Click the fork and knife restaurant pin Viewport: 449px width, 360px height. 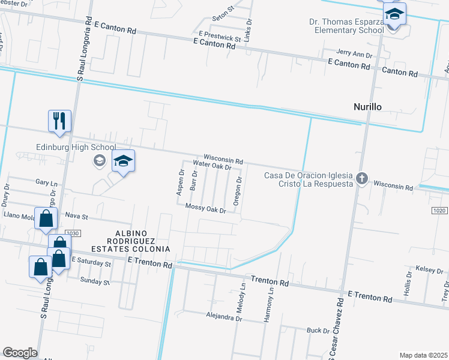pyautogui.click(x=60, y=121)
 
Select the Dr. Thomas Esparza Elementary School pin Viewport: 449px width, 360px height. pyautogui.click(x=395, y=14)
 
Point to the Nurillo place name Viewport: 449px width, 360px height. pyautogui.click(x=367, y=107)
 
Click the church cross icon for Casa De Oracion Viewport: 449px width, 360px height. pyautogui.click(x=361, y=178)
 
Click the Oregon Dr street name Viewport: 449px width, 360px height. pyautogui.click(x=238, y=191)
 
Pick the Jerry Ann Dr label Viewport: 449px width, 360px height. pyautogui.click(x=354, y=54)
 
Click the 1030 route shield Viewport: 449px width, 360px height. pyautogui.click(x=72, y=233)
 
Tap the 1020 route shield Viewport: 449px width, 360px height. pyautogui.click(x=439, y=211)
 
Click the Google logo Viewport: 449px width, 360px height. pyautogui.click(x=20, y=352)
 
